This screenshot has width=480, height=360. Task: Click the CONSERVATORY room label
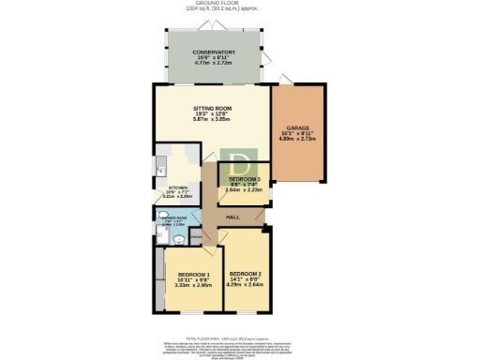(x=214, y=52)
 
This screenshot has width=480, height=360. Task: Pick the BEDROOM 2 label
(x=247, y=274)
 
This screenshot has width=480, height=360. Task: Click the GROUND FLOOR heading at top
(x=240, y=5)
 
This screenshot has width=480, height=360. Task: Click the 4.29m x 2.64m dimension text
(x=247, y=285)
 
